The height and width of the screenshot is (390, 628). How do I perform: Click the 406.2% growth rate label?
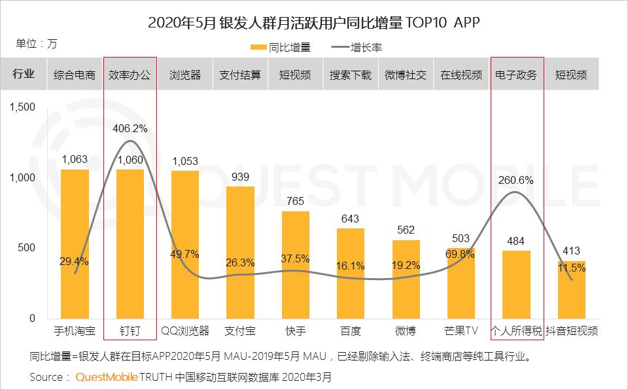[x=130, y=129]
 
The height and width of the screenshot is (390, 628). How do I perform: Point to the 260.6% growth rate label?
[x=516, y=180]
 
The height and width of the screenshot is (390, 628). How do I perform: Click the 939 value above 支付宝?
[x=240, y=177]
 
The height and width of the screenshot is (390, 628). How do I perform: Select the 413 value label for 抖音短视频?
[x=571, y=251]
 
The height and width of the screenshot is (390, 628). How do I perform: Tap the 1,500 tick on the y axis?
[x=22, y=107]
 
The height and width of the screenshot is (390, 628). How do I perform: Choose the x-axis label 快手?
[x=296, y=330]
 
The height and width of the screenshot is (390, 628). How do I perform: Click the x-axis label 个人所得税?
[x=517, y=330]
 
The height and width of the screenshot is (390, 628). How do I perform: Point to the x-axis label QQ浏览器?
[x=185, y=330]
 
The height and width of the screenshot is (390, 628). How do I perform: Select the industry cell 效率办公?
[x=130, y=75]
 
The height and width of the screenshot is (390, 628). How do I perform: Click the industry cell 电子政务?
[x=517, y=75]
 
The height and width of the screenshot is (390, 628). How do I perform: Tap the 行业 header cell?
[x=24, y=75]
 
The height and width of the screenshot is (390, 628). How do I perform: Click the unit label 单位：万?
[x=37, y=44]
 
